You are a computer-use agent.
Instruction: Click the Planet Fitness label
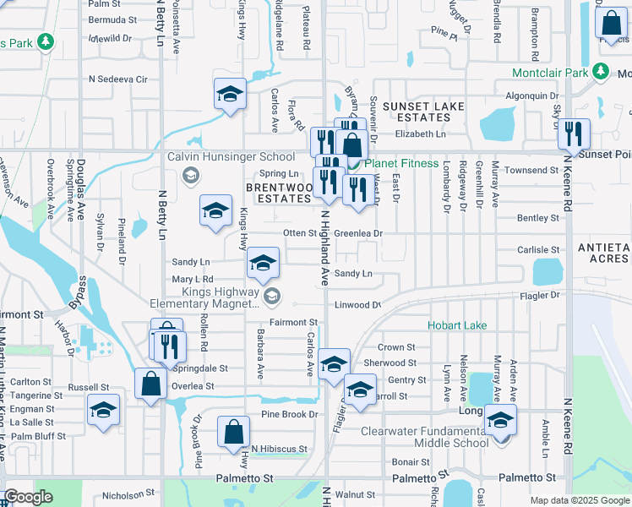401,163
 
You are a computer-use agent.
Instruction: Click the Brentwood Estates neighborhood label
279,192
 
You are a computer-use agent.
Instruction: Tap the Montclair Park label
549,73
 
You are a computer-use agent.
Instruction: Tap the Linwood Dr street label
358,304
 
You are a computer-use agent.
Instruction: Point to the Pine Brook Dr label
289,414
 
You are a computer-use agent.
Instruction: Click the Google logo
29,497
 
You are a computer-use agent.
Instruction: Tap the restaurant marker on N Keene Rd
574,134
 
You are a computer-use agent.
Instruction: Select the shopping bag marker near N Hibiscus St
233,431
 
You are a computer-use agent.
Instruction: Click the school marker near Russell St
104,411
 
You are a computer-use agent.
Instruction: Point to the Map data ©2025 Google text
579,500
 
